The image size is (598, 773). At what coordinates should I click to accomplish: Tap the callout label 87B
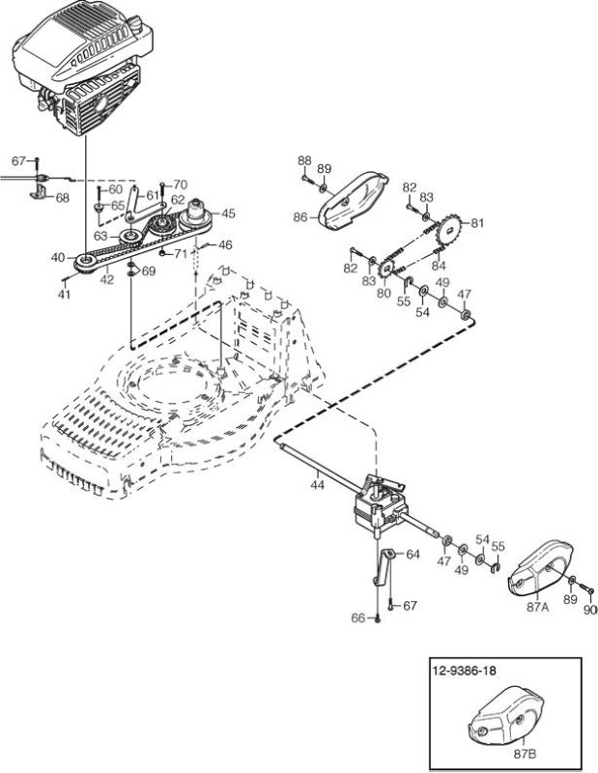coord(525,754)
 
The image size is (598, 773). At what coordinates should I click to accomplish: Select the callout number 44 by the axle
coord(318,485)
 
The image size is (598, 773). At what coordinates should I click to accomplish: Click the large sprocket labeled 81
coord(448,231)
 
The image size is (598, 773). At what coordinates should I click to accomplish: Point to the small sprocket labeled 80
coord(386,269)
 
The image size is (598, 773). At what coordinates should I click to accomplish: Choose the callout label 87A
coord(537,607)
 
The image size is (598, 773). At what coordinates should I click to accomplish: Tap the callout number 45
coord(228,214)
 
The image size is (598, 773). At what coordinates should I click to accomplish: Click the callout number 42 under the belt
coord(106,279)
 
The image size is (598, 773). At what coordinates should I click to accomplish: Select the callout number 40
coord(58,257)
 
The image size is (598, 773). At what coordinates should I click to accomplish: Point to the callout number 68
coord(62,198)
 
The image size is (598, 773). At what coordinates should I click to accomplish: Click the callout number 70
coord(181,185)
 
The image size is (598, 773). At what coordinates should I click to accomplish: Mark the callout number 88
coord(304,160)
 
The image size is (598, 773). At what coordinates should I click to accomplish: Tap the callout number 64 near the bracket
coord(413,555)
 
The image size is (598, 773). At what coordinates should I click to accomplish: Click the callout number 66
coord(358,617)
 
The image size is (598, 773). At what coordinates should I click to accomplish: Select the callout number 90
coord(590,610)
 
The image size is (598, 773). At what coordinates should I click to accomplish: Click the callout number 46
coord(225,244)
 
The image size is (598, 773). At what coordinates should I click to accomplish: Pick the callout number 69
coord(149,272)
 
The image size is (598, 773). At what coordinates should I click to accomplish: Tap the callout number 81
coord(477,223)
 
